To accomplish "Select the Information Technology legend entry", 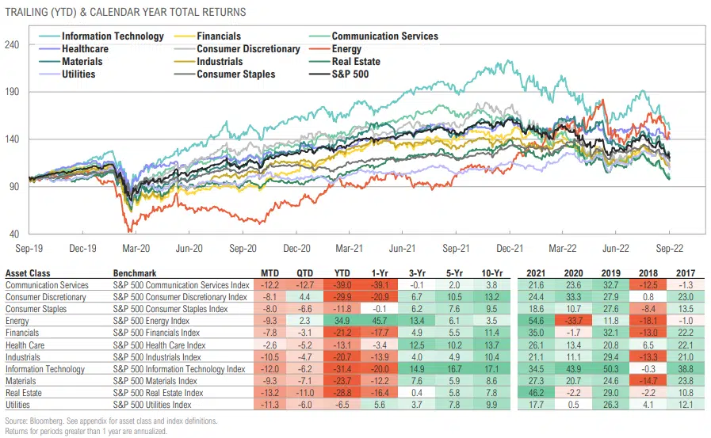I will (x=112, y=36).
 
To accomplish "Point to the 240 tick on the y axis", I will (x=13, y=45).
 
